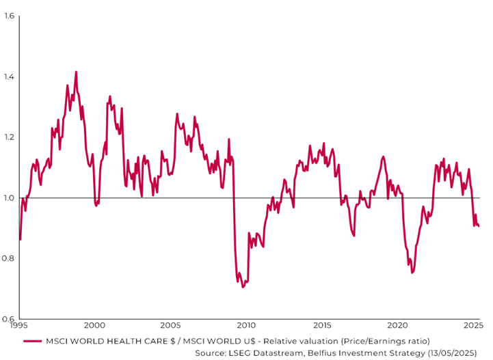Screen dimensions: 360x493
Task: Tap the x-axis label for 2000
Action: point(94,326)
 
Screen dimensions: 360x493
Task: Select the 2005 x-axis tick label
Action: point(170,326)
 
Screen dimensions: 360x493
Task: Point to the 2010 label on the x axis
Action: point(246,326)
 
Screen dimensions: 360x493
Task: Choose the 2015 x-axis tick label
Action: point(322,326)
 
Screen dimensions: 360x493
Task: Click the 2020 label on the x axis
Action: point(398,326)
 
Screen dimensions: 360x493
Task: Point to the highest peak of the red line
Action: point(76,71)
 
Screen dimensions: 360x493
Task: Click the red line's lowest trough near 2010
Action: point(243,288)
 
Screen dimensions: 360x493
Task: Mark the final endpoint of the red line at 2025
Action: point(479,226)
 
